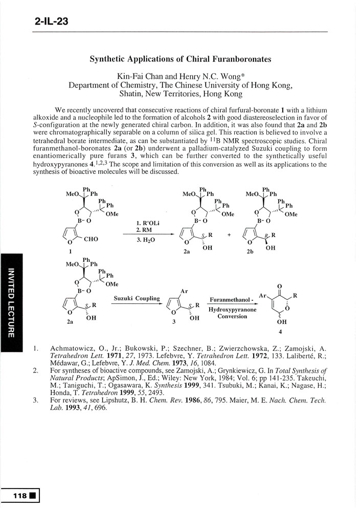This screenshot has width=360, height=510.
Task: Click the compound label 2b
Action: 251,252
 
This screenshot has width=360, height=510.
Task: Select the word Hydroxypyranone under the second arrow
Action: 232,309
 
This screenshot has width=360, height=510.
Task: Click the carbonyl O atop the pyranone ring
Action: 278,286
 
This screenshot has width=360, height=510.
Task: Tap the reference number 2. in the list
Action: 36,370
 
